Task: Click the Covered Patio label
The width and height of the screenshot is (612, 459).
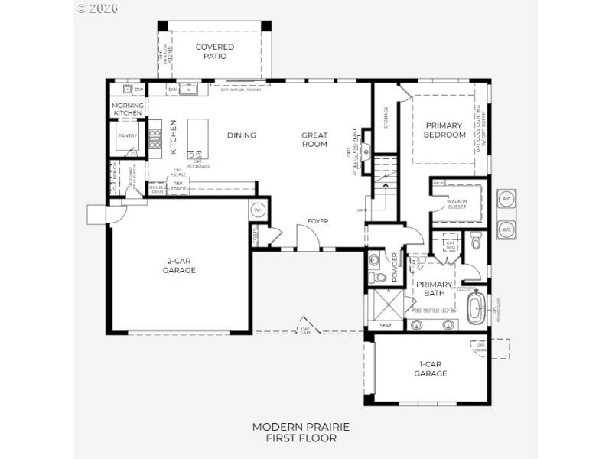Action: point(214,51)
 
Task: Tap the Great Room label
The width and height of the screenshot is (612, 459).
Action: point(314,139)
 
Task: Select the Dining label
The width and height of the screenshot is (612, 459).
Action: point(242,135)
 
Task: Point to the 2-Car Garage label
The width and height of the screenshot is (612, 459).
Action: point(181,265)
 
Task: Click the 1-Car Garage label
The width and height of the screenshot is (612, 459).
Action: point(431,369)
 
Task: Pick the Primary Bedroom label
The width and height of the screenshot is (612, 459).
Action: point(444,130)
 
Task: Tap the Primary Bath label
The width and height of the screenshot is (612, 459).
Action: point(435,288)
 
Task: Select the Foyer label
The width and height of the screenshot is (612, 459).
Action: point(317,221)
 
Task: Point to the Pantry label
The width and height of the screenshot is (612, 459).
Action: point(126,137)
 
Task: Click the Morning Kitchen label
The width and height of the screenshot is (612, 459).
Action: point(127,109)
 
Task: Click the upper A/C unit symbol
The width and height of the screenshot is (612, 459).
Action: point(506,199)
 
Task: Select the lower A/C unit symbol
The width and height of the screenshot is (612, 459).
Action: point(506,229)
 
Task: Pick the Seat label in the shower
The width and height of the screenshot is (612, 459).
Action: point(386,326)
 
